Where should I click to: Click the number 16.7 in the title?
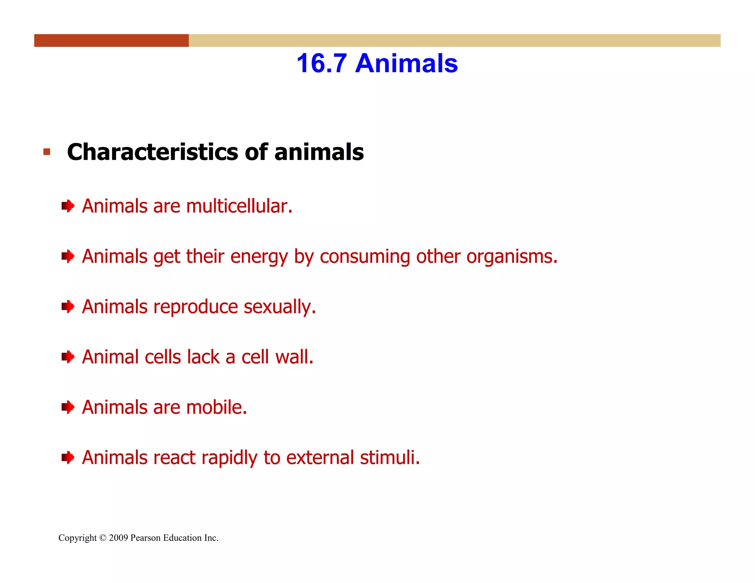coord(321,63)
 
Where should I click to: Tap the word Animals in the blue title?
coord(406,63)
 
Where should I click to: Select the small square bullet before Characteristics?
coord(46,152)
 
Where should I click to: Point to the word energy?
coord(259,257)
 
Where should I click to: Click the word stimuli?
coord(390,458)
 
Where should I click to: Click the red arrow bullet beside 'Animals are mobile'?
coord(68,408)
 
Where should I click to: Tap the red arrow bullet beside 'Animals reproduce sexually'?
coord(68,307)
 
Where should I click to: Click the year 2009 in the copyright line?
coord(118,538)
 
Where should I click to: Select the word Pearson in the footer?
coord(145,538)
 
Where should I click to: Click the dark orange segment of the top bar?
coord(111,41)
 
